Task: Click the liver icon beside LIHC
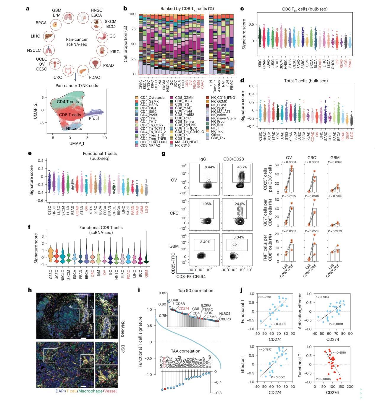coord(49,36)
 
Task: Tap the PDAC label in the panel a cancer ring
coord(94,77)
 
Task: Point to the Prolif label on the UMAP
coord(94,118)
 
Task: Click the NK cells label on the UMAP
coord(74,128)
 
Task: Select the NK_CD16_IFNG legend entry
coord(220,98)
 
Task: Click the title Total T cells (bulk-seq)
coord(306,81)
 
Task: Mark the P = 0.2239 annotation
coord(333,231)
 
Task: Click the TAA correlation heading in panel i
coord(186,351)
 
